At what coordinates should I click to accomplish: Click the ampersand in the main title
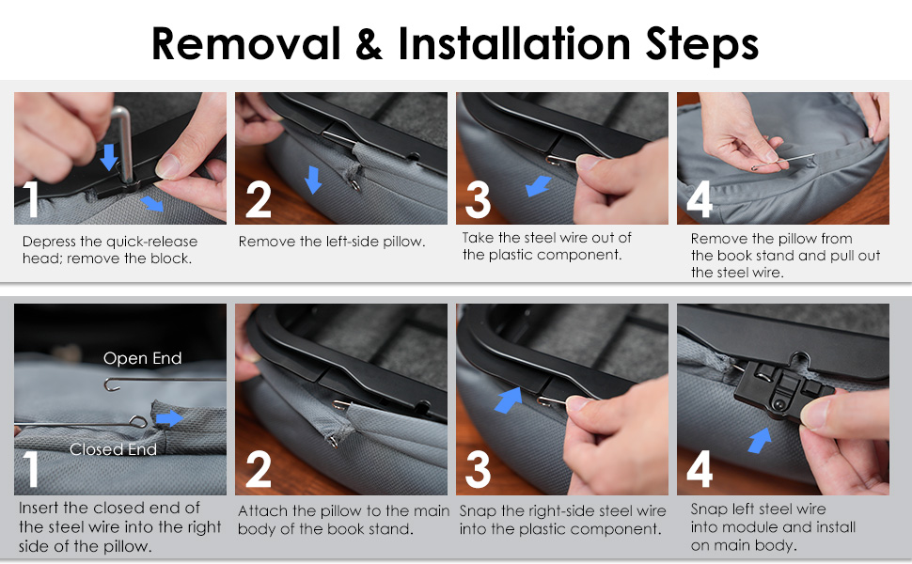click(x=369, y=44)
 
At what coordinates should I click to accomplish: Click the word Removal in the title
click(x=245, y=43)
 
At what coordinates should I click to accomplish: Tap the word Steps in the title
click(x=702, y=45)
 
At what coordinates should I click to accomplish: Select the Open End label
click(x=143, y=358)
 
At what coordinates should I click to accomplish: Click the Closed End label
click(x=113, y=449)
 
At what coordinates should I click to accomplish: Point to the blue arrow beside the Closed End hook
click(x=170, y=418)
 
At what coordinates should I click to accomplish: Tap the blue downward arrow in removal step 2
click(x=313, y=180)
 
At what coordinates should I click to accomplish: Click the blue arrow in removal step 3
click(x=538, y=186)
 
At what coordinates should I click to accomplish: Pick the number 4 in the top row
click(x=700, y=199)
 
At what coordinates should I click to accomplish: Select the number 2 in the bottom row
click(x=259, y=469)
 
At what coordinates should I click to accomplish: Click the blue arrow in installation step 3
click(x=508, y=399)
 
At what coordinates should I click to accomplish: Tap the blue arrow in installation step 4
click(x=759, y=440)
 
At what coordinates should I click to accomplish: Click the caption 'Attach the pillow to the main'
click(x=344, y=511)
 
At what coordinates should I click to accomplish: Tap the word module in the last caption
click(x=742, y=527)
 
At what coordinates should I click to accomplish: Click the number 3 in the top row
click(x=479, y=199)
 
